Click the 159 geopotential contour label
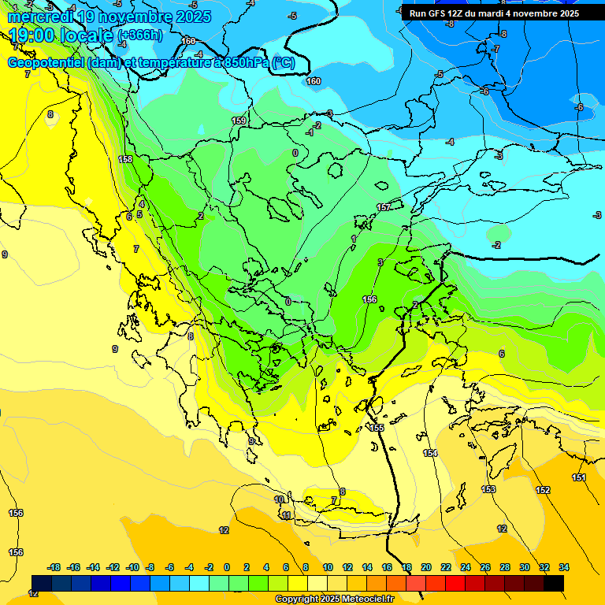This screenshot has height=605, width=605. (239, 121)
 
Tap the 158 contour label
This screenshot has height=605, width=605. (125, 159)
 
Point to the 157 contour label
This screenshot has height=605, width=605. (384, 207)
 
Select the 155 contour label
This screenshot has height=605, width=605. (377, 428)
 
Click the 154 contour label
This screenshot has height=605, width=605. (430, 453)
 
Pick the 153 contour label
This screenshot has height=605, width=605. (488, 489)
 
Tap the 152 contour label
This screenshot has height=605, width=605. (543, 490)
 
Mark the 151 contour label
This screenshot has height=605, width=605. (579, 478)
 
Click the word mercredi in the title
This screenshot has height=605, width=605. (40, 17)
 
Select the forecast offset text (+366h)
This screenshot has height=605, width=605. (139, 35)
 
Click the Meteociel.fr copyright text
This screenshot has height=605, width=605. (334, 599)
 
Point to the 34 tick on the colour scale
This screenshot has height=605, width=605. (564, 567)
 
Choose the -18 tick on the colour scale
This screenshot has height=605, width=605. (54, 567)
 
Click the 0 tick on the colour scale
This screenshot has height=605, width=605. (227, 567)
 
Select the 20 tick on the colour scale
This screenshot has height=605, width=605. (425, 567)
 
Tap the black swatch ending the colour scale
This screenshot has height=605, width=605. (553, 583)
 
